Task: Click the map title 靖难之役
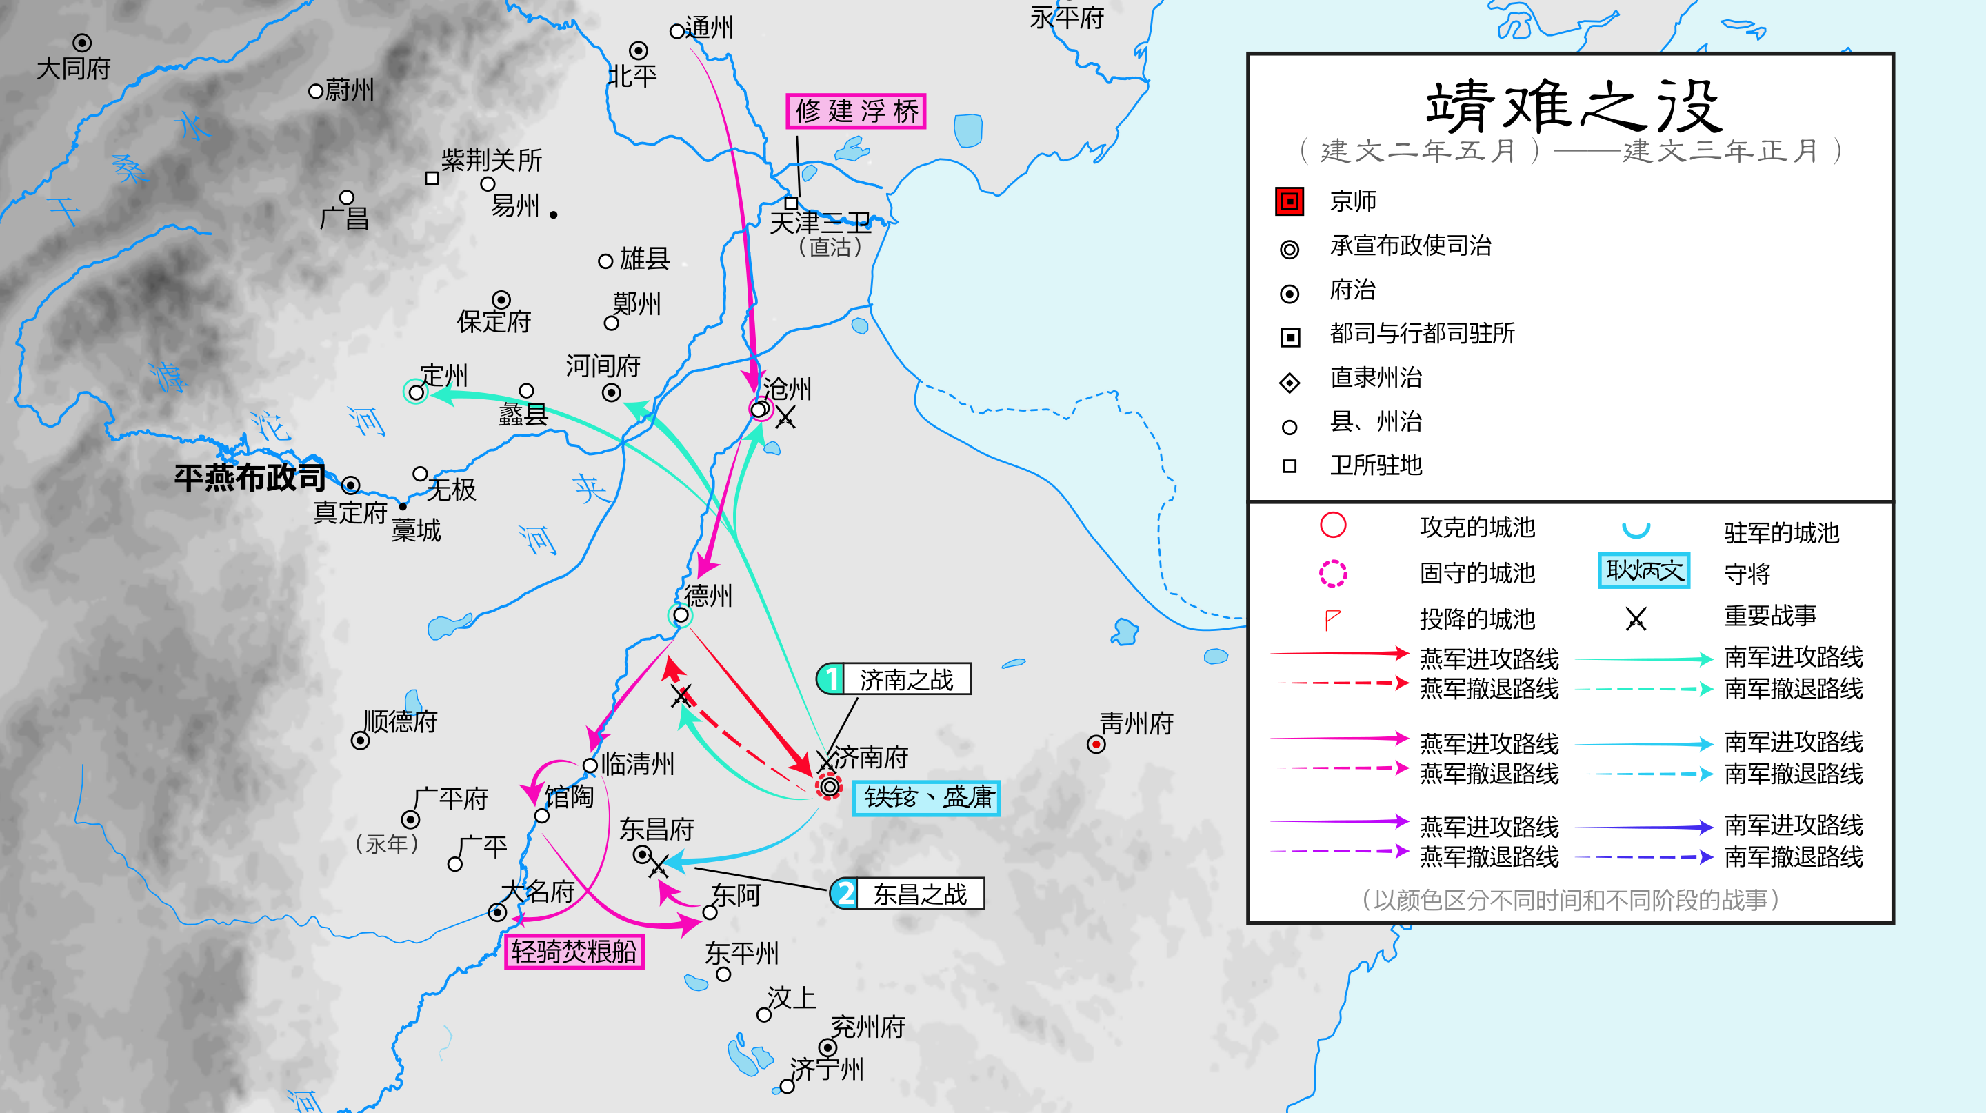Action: pos(1573,106)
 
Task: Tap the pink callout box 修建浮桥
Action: pos(856,111)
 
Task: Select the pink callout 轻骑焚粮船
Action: pos(574,951)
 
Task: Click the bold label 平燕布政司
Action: pos(250,478)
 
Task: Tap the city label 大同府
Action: pos(74,68)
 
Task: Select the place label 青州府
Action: pos(1136,723)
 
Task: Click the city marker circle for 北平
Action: pos(639,50)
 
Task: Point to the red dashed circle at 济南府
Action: pos(829,786)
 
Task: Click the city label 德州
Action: pos(708,595)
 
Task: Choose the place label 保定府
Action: pos(494,321)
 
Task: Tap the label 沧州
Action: pos(787,388)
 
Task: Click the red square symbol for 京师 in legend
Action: pos(1290,201)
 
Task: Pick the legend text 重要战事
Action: pos(1770,616)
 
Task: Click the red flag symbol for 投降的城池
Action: pos(1332,619)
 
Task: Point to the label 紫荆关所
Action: pos(491,160)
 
